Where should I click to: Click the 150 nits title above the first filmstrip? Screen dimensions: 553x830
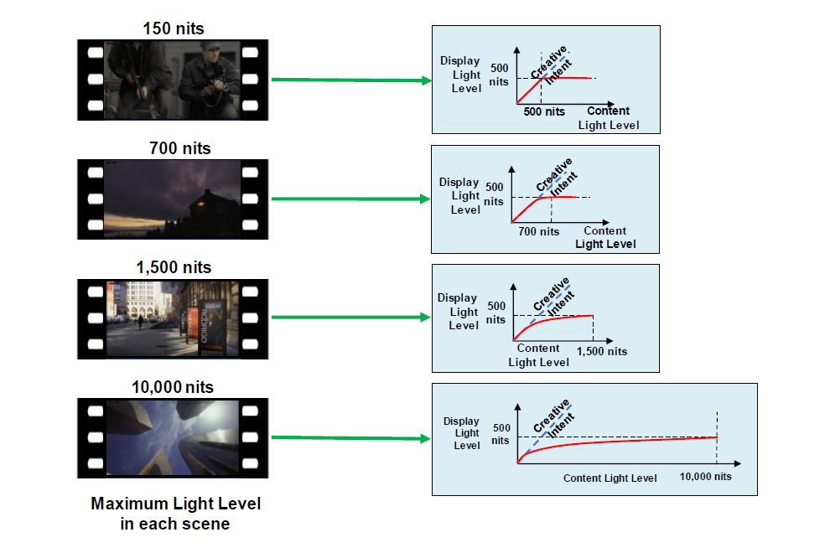[x=174, y=28]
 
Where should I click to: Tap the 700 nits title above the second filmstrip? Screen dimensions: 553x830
[x=174, y=148]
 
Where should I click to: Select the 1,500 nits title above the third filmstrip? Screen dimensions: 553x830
[x=174, y=267]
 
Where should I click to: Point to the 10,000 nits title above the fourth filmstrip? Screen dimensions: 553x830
[x=173, y=387]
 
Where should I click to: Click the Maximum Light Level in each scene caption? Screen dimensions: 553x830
[x=175, y=514]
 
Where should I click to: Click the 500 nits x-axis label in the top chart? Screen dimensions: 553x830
[x=544, y=111]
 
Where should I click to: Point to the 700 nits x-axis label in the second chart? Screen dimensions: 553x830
[x=538, y=231]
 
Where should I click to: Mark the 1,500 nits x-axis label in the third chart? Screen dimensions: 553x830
[x=602, y=351]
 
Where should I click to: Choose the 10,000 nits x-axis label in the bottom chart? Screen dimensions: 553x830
[x=705, y=477]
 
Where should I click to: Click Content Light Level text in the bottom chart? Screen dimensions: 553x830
[x=610, y=478]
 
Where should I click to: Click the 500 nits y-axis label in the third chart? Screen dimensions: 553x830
[x=496, y=313]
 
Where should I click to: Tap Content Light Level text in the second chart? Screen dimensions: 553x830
[x=605, y=238]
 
